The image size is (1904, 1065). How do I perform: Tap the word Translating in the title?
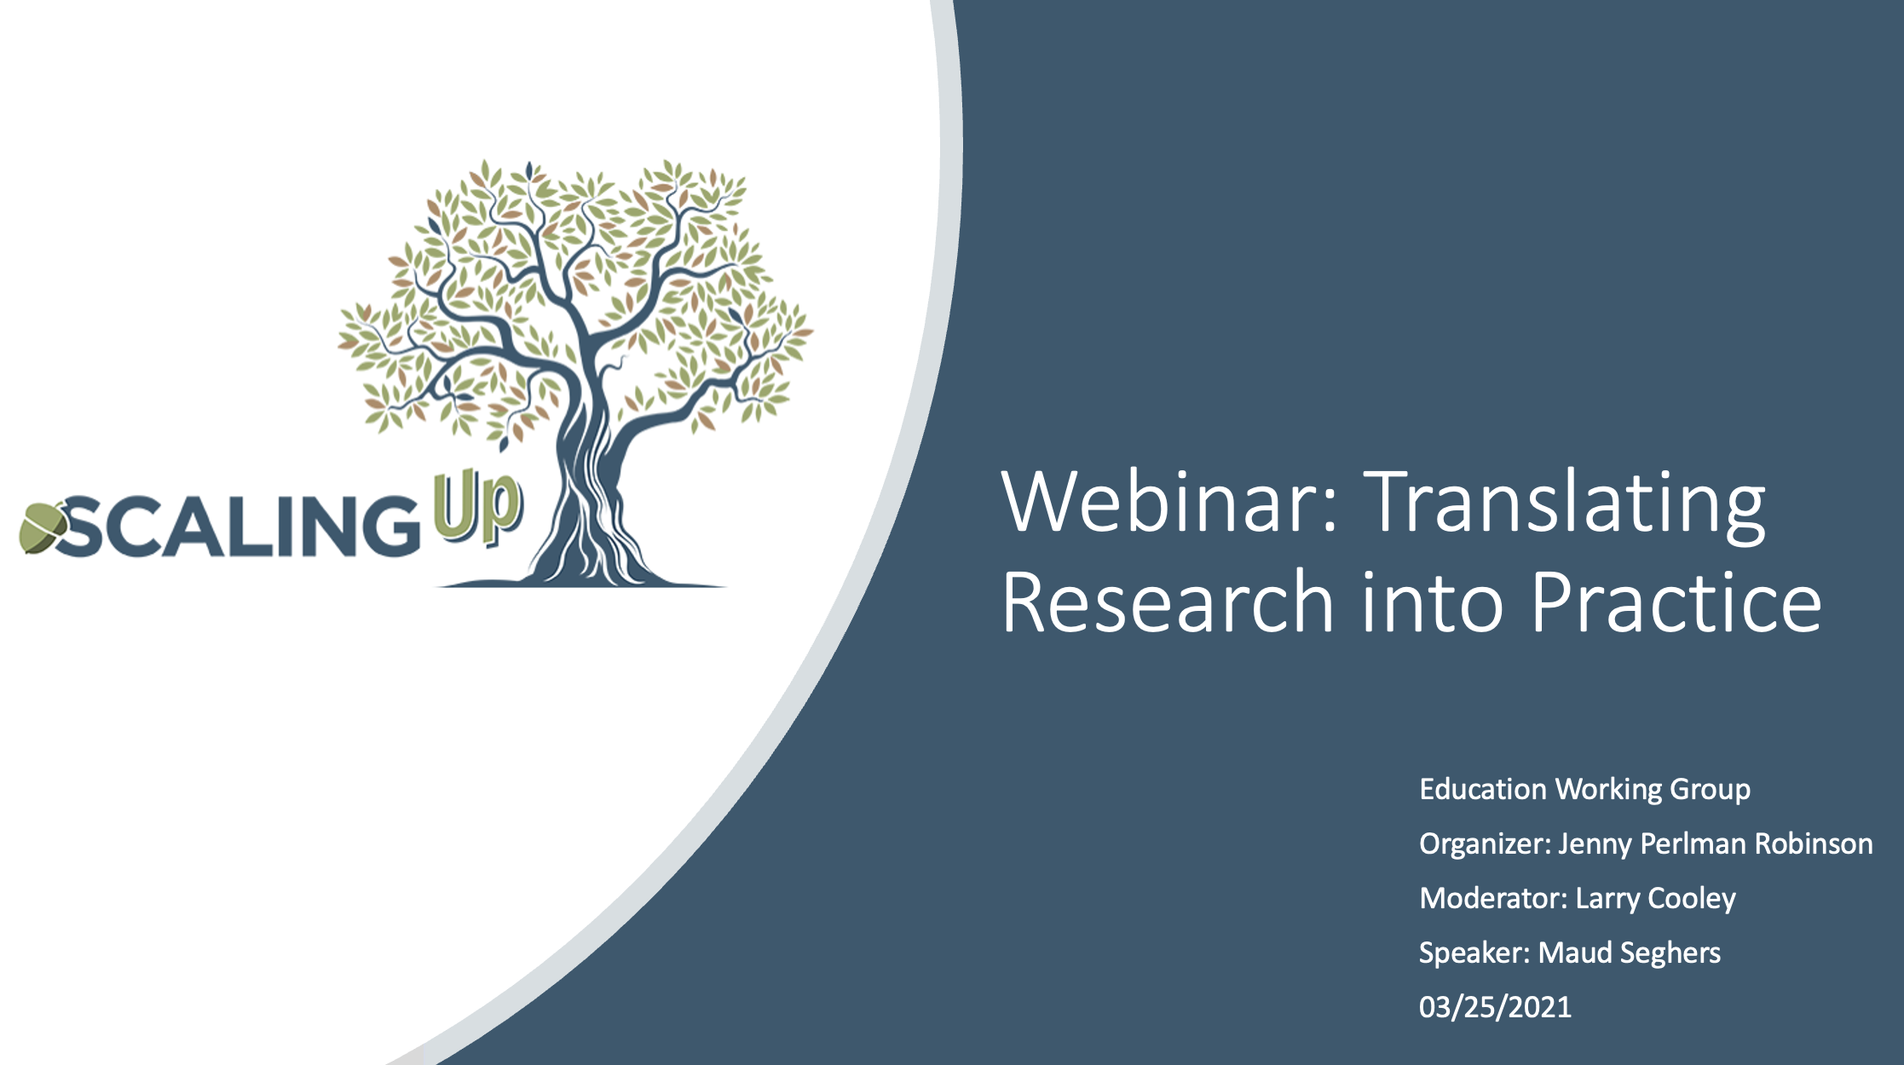pyautogui.click(x=1565, y=504)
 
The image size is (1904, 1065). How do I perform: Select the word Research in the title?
pyautogui.click(x=1168, y=602)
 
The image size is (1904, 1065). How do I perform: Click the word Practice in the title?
pyautogui.click(x=1676, y=602)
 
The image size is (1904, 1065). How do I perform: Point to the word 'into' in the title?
pyautogui.click(x=1433, y=602)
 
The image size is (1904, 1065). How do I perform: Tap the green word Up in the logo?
pyautogui.click(x=477, y=510)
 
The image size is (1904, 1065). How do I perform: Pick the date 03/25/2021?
pyautogui.click(x=1495, y=1007)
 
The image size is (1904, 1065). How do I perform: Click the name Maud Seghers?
pyautogui.click(x=1629, y=953)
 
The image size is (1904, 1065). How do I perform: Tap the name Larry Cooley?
pyautogui.click(x=1655, y=899)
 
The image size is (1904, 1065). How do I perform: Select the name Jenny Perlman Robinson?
pyautogui.click(x=1716, y=844)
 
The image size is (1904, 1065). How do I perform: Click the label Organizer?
pyautogui.click(x=1485, y=844)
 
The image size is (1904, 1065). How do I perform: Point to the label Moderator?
pyautogui.click(x=1493, y=898)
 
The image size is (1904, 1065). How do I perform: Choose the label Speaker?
pyautogui.click(x=1474, y=953)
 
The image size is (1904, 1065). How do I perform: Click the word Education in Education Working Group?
pyautogui.click(x=1483, y=789)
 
